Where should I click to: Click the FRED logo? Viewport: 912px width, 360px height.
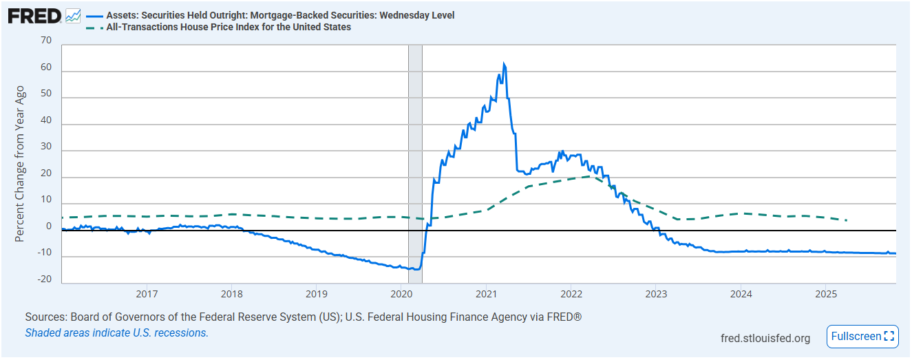tap(34, 15)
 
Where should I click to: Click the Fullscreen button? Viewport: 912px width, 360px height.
tap(862, 337)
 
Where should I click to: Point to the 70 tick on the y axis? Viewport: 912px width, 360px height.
tap(46, 41)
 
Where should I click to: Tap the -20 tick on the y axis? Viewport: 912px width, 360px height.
tap(44, 279)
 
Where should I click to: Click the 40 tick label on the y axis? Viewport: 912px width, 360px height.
tap(46, 120)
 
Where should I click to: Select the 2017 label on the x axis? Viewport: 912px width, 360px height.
tap(147, 294)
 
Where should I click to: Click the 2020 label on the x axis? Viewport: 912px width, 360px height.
tap(401, 294)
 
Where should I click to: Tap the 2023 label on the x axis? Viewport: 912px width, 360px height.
tap(655, 294)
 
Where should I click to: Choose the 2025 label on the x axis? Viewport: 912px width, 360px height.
tap(825, 294)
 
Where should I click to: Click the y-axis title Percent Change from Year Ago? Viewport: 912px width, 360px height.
tap(20, 164)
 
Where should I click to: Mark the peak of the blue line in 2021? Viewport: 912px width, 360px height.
tap(504, 64)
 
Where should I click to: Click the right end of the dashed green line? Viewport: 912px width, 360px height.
tap(846, 220)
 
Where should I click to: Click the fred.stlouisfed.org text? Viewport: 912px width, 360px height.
tap(765, 338)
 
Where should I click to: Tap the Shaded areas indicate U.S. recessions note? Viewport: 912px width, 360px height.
tap(116, 333)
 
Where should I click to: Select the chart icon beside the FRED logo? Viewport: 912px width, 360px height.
tap(73, 15)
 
